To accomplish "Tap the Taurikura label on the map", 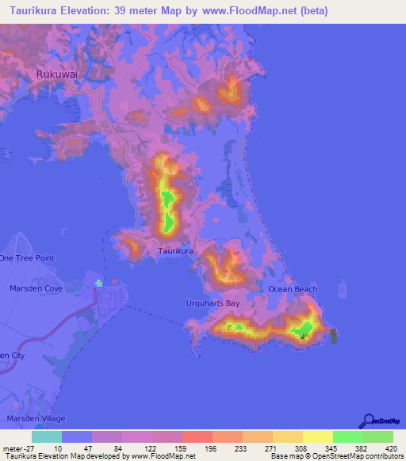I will [x=175, y=251].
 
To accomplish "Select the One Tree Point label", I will [x=27, y=258].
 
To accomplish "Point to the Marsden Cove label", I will [x=31, y=289].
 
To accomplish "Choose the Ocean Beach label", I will [x=292, y=289].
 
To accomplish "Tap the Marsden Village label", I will [x=35, y=417].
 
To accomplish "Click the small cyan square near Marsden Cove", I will [x=99, y=282].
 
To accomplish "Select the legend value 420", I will [x=392, y=448].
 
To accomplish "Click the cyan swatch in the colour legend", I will [x=47, y=436].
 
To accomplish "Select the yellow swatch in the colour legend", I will [x=317, y=436].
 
